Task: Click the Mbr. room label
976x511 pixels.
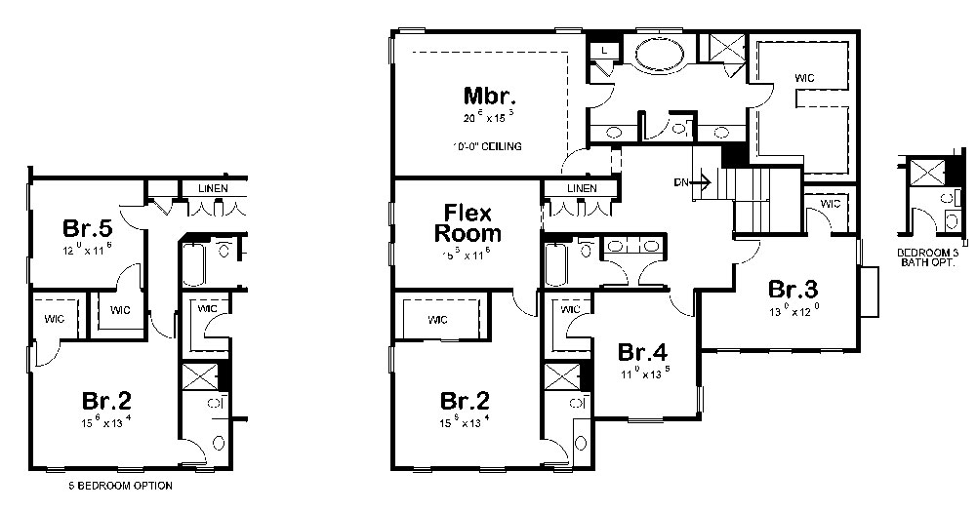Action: coord(489,97)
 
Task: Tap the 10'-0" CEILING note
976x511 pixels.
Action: coord(488,146)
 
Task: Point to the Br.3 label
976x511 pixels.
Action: coord(793,290)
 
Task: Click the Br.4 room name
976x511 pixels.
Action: coord(642,353)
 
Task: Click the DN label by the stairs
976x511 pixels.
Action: coord(679,182)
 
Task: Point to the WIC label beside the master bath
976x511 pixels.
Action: coord(804,77)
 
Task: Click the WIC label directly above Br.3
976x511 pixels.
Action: coord(831,204)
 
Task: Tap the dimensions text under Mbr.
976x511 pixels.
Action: coord(488,118)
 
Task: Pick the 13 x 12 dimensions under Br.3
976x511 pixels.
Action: coord(793,312)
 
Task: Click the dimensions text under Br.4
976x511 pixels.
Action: coord(642,374)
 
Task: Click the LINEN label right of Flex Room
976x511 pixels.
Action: coord(582,188)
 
